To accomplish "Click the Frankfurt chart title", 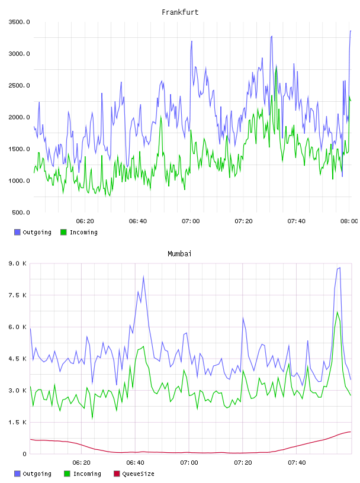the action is click(x=180, y=12).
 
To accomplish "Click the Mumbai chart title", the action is click(x=179, y=253).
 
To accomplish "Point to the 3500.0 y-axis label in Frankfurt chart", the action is click(x=19, y=22).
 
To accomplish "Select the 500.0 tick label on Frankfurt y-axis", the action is click(x=21, y=212).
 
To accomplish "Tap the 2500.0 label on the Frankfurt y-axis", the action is click(x=19, y=85).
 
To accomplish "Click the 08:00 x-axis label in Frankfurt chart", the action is click(x=349, y=221).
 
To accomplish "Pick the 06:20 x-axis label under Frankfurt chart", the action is click(x=85, y=221).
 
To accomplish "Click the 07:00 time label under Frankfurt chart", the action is click(x=191, y=221).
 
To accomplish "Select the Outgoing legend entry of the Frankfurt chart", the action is click(x=33, y=232).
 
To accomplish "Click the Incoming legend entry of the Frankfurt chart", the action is click(x=79, y=232).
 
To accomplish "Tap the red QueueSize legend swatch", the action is click(x=117, y=474).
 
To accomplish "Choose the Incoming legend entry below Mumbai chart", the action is click(x=82, y=474).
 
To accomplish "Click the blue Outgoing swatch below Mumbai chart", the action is click(x=17, y=474).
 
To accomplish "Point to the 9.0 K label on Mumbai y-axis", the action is click(x=18, y=263).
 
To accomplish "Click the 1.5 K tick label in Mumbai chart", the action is click(x=18, y=422).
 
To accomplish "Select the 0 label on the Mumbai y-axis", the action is click(x=24, y=454).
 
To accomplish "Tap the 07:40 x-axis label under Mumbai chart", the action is click(x=297, y=462).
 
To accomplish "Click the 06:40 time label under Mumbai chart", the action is click(x=135, y=462).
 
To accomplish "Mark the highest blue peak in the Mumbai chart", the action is click(x=340, y=268).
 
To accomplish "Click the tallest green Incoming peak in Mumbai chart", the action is click(x=337, y=313).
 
